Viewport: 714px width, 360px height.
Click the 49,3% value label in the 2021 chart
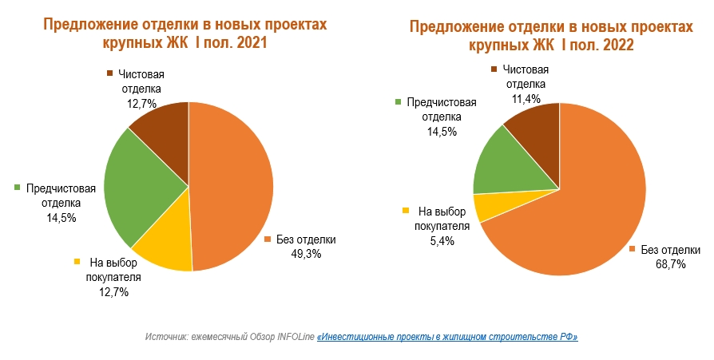coord(305,254)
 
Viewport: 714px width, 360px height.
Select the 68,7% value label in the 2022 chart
coord(671,264)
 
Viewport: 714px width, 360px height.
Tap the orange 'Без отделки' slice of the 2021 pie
coord(232,184)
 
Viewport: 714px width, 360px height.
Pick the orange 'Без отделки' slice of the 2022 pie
coord(583,208)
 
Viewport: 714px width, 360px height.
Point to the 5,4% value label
coord(442,239)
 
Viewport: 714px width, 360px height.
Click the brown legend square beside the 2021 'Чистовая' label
coord(109,74)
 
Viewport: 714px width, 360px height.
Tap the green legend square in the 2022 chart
coord(397,102)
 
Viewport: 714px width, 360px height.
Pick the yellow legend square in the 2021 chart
coord(77,262)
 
